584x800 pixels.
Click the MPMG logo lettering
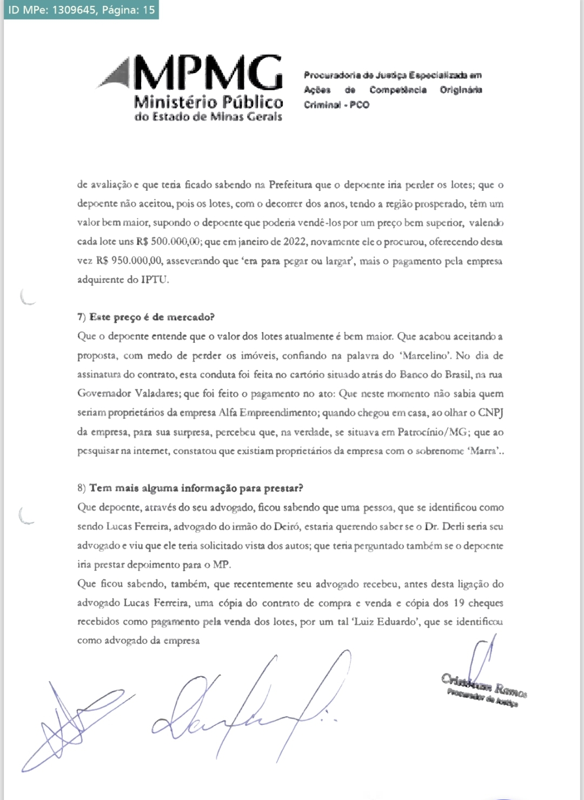[208, 73]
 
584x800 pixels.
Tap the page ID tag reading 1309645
[81, 10]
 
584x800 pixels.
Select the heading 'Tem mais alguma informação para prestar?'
[196, 488]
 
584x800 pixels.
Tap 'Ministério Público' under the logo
[208, 102]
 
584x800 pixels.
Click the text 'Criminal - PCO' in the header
[336, 105]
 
